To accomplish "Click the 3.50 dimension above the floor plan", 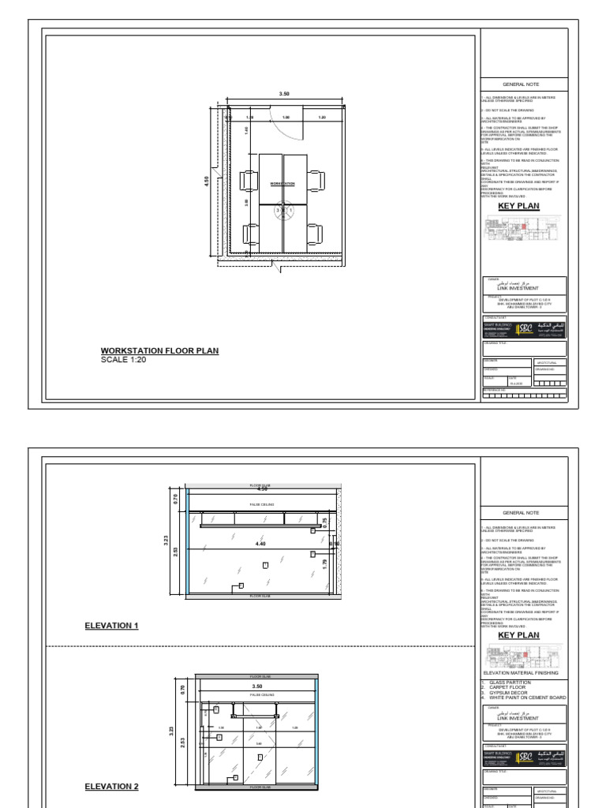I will tap(284, 94).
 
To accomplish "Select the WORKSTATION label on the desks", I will tap(282, 183).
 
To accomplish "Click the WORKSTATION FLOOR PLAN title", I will tap(159, 350).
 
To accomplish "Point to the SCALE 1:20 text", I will tap(124, 360).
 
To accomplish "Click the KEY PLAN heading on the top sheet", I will tap(518, 206).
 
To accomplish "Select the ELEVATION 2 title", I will tap(111, 787).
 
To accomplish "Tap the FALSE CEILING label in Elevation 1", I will tap(261, 503).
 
